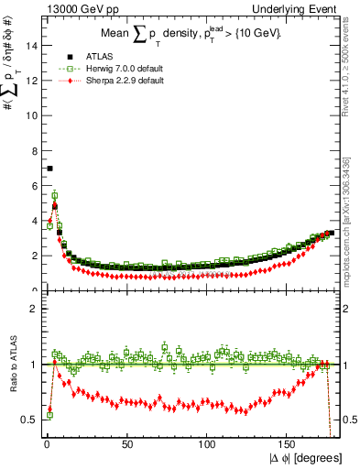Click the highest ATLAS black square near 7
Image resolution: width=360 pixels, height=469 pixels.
click(x=49, y=169)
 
